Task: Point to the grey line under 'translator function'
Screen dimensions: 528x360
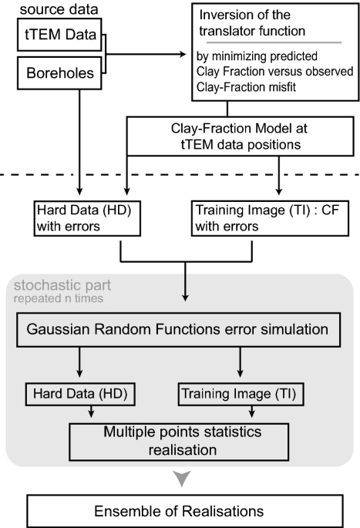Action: coord(274,45)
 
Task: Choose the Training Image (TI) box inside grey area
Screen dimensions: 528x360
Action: coord(241,394)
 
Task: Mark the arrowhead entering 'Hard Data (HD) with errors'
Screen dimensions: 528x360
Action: coord(80,197)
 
